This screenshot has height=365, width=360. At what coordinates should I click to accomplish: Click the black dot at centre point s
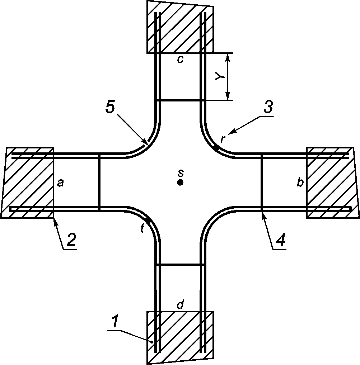coord(180,182)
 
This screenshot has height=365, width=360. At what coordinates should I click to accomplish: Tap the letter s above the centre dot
coord(181,173)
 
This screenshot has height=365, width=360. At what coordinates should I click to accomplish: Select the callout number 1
coord(115,321)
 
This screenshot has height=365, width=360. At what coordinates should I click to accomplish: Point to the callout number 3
coord(268,107)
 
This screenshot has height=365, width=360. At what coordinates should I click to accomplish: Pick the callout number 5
coord(110,107)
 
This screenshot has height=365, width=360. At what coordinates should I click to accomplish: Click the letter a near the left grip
coord(60,184)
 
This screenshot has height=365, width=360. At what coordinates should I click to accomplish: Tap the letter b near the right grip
coord(300,182)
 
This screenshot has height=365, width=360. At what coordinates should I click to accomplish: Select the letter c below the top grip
coord(180,60)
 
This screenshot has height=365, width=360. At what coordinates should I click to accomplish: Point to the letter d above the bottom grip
coord(181,304)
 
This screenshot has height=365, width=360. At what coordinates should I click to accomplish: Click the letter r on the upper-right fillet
coord(223,139)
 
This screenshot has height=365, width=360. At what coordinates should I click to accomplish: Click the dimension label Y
coord(220,76)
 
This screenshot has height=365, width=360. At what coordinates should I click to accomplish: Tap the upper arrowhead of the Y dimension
coord(228,57)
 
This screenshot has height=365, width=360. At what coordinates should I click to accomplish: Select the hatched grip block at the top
coord(180,27)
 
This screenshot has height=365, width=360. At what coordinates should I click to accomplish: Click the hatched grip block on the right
coord(333,183)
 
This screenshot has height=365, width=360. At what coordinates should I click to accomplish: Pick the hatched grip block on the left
coord(28,183)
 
